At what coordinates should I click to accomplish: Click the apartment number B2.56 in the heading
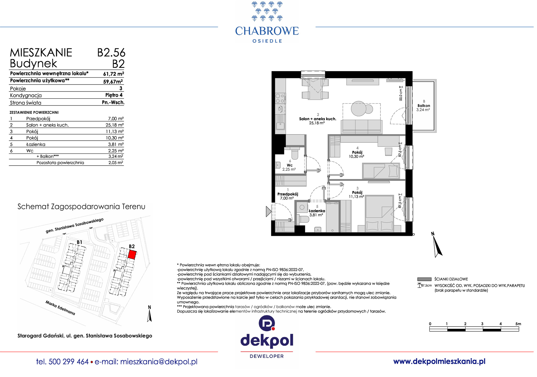point(111,53)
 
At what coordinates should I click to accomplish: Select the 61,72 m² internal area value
point(114,74)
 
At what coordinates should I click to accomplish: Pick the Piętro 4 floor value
point(114,95)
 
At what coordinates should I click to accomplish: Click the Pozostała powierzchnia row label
point(60,163)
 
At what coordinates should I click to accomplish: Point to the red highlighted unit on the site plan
point(132,254)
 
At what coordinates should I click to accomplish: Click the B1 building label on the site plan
point(79,242)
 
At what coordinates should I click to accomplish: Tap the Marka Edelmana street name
point(60,308)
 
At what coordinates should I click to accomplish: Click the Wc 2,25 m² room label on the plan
point(289,167)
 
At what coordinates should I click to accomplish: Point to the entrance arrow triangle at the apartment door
point(268,211)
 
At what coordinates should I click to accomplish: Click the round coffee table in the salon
point(359,108)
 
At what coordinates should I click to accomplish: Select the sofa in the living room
point(361,127)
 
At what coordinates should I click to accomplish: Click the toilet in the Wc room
point(295,153)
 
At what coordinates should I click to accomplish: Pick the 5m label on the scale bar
point(518,324)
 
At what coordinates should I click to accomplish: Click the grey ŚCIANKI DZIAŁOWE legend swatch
point(424,279)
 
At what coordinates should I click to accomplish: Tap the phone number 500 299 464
point(69,362)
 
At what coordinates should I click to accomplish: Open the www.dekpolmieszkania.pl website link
point(439,361)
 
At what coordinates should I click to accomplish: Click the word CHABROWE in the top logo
point(267,31)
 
